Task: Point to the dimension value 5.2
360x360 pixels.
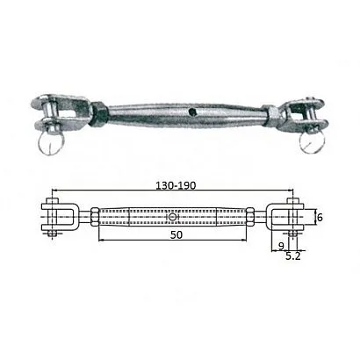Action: point(297,257)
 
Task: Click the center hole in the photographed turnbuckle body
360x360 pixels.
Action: point(192,112)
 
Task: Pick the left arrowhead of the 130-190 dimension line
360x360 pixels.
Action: point(54,194)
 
